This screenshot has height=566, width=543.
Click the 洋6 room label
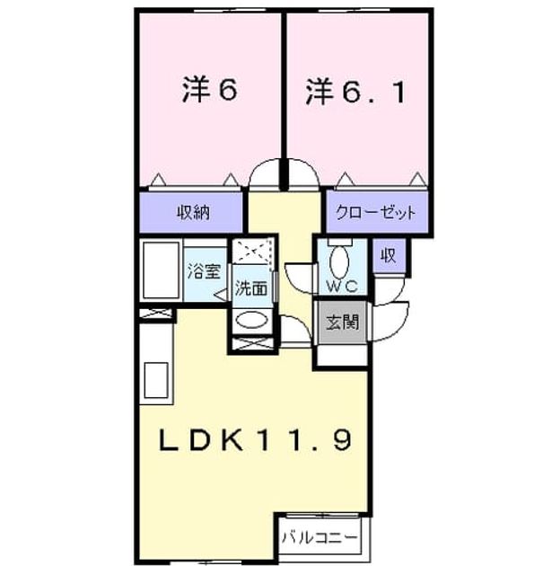tap(209, 89)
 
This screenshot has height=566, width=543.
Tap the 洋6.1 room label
tap(355, 92)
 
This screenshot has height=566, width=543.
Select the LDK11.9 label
tap(255, 439)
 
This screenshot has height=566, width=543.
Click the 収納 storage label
tap(193, 212)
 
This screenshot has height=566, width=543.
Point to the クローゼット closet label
tap(376, 213)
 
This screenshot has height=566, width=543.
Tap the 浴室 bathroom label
tap(204, 271)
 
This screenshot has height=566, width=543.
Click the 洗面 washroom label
tap(251, 288)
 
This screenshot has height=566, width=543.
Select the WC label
tap(342, 286)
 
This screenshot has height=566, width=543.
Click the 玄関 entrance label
tap(343, 322)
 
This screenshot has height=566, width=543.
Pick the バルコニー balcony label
tap(320, 538)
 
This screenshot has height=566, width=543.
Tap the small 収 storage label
tap(389, 255)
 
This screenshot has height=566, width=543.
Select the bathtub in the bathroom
tap(162, 270)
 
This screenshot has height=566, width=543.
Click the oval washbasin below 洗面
tap(251, 319)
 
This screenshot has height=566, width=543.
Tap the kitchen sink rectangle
tap(156, 380)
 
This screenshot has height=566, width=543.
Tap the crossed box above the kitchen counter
tap(156, 313)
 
